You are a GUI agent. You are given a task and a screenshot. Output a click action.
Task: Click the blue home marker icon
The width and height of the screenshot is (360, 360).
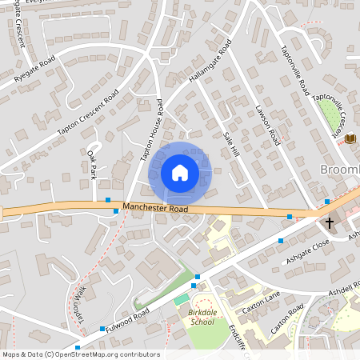coord(179,173)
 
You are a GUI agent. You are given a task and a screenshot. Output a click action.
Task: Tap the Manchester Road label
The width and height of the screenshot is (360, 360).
coord(155,208)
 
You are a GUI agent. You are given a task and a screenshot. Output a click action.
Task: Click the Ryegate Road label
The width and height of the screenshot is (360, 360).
coord(34,70)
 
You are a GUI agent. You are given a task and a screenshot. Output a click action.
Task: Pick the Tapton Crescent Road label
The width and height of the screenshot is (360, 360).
coord(88,110)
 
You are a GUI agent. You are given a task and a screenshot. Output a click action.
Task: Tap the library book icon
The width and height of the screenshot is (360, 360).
coord(350,139)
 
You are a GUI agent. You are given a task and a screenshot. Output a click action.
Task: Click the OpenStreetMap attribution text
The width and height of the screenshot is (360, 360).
coord(80,354)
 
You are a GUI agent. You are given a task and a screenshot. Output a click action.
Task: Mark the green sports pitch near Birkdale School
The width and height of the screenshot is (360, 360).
coord(182,298)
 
